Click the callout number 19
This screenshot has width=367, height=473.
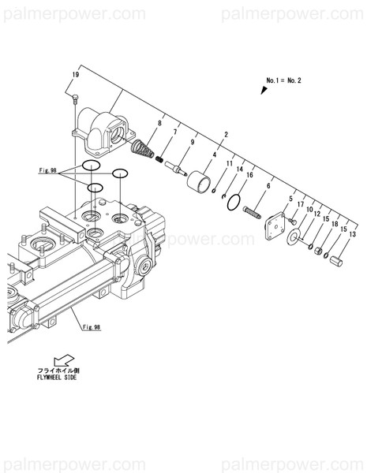[75, 75]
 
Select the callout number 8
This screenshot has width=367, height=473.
[159, 124]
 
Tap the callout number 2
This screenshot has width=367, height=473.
[227, 135]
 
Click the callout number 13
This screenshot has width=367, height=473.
[352, 235]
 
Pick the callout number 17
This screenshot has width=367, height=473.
[301, 205]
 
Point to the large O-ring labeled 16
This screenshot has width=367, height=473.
[232, 203]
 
